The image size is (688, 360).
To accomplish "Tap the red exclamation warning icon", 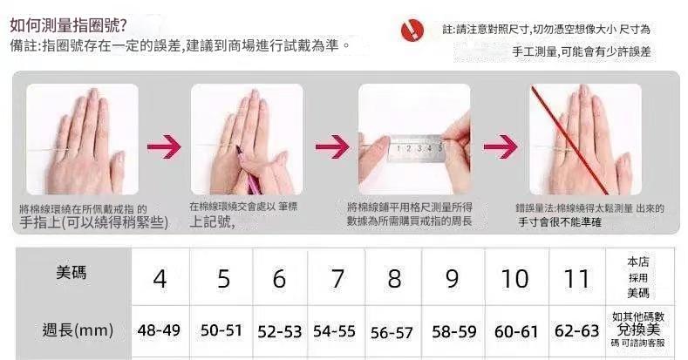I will (411, 31).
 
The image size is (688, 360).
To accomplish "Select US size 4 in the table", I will (160, 279).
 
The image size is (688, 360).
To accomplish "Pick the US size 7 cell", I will (337, 279).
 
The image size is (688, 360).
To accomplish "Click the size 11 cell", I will (577, 279).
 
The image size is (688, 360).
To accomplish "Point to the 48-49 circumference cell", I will (159, 330).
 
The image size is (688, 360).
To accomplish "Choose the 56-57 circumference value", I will (392, 331).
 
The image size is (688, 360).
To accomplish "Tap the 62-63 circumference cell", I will (577, 330).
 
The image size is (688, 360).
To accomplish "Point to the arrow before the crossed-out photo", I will (501, 145).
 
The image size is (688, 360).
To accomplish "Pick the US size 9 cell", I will (452, 279).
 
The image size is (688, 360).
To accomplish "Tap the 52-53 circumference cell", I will (279, 331).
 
